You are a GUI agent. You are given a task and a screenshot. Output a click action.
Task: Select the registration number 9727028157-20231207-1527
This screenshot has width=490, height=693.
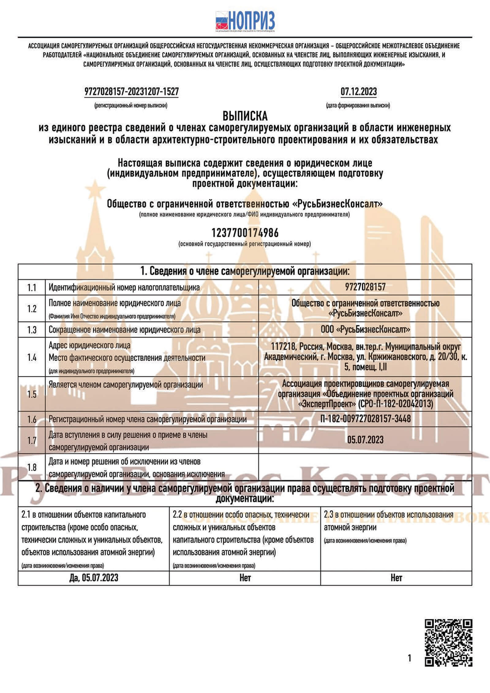pyautogui.click(x=131, y=92)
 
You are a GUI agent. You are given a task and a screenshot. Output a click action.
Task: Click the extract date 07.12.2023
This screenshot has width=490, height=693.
pyautogui.click(x=359, y=92)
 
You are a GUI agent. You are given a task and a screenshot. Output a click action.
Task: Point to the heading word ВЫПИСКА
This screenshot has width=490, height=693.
pyautogui.click(x=245, y=116)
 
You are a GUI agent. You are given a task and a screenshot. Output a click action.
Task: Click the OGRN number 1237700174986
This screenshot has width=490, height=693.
pyautogui.click(x=245, y=233)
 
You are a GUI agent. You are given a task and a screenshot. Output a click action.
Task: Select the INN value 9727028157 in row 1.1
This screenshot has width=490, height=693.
pyautogui.click(x=365, y=287)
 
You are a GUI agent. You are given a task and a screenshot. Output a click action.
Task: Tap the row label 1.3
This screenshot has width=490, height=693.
pyautogui.click(x=32, y=330)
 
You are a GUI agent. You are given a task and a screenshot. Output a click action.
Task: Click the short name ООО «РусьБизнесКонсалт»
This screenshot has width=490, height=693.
pyautogui.click(x=365, y=330)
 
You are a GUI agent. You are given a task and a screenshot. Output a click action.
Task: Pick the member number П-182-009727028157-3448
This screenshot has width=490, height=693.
pyautogui.click(x=365, y=419)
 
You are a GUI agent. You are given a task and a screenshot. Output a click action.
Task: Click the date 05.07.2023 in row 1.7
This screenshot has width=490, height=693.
pyautogui.click(x=365, y=440)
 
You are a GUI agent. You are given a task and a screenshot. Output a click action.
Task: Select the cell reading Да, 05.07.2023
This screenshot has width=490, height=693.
pyautogui.click(x=94, y=578)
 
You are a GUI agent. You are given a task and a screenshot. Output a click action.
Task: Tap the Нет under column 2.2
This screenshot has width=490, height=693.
pyautogui.click(x=245, y=578)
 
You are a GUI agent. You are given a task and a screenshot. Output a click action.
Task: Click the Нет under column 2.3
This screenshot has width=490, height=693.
pyautogui.click(x=396, y=578)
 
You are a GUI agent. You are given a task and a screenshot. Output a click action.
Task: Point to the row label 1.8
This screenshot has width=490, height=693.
pyautogui.click(x=32, y=467)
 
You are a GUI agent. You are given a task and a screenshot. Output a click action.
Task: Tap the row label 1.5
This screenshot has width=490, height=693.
pyautogui.click(x=32, y=394)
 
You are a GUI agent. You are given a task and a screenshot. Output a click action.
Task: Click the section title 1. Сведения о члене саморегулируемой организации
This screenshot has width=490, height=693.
pyautogui.click(x=245, y=272)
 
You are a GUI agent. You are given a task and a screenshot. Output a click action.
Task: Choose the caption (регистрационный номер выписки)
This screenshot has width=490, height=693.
pyautogui.click(x=131, y=106)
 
